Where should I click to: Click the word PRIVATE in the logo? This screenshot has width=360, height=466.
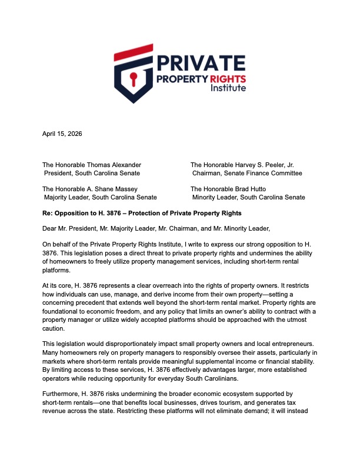(201, 62)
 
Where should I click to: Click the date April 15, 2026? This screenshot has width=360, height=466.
(62, 134)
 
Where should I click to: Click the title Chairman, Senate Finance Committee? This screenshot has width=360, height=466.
(247, 174)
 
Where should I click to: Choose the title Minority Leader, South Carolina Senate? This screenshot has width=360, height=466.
(249, 197)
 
